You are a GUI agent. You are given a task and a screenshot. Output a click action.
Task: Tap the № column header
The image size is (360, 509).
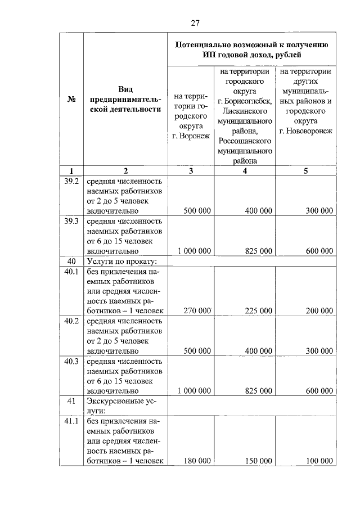point(71,100)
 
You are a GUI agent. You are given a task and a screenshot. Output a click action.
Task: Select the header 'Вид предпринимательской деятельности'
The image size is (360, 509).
point(125,99)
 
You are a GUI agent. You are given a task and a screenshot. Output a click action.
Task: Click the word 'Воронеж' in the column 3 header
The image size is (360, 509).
point(195,136)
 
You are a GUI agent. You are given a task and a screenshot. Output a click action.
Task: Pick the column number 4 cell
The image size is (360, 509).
point(245,171)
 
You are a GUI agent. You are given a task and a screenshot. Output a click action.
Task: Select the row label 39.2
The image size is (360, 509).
point(71,181)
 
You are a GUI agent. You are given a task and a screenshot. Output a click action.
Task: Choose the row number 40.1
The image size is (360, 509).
point(71,271)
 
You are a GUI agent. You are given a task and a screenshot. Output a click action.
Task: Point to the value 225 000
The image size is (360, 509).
point(259,310)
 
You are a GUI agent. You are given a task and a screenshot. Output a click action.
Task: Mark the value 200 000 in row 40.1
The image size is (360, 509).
point(319,310)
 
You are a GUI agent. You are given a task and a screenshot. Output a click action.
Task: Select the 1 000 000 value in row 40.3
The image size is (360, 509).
point(194,391)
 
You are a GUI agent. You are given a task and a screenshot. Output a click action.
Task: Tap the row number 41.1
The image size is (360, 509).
point(71,421)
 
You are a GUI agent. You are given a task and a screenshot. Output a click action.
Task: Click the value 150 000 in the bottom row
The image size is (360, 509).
point(259,461)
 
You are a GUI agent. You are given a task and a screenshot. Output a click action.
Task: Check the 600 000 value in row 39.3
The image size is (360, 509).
point(319,251)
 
